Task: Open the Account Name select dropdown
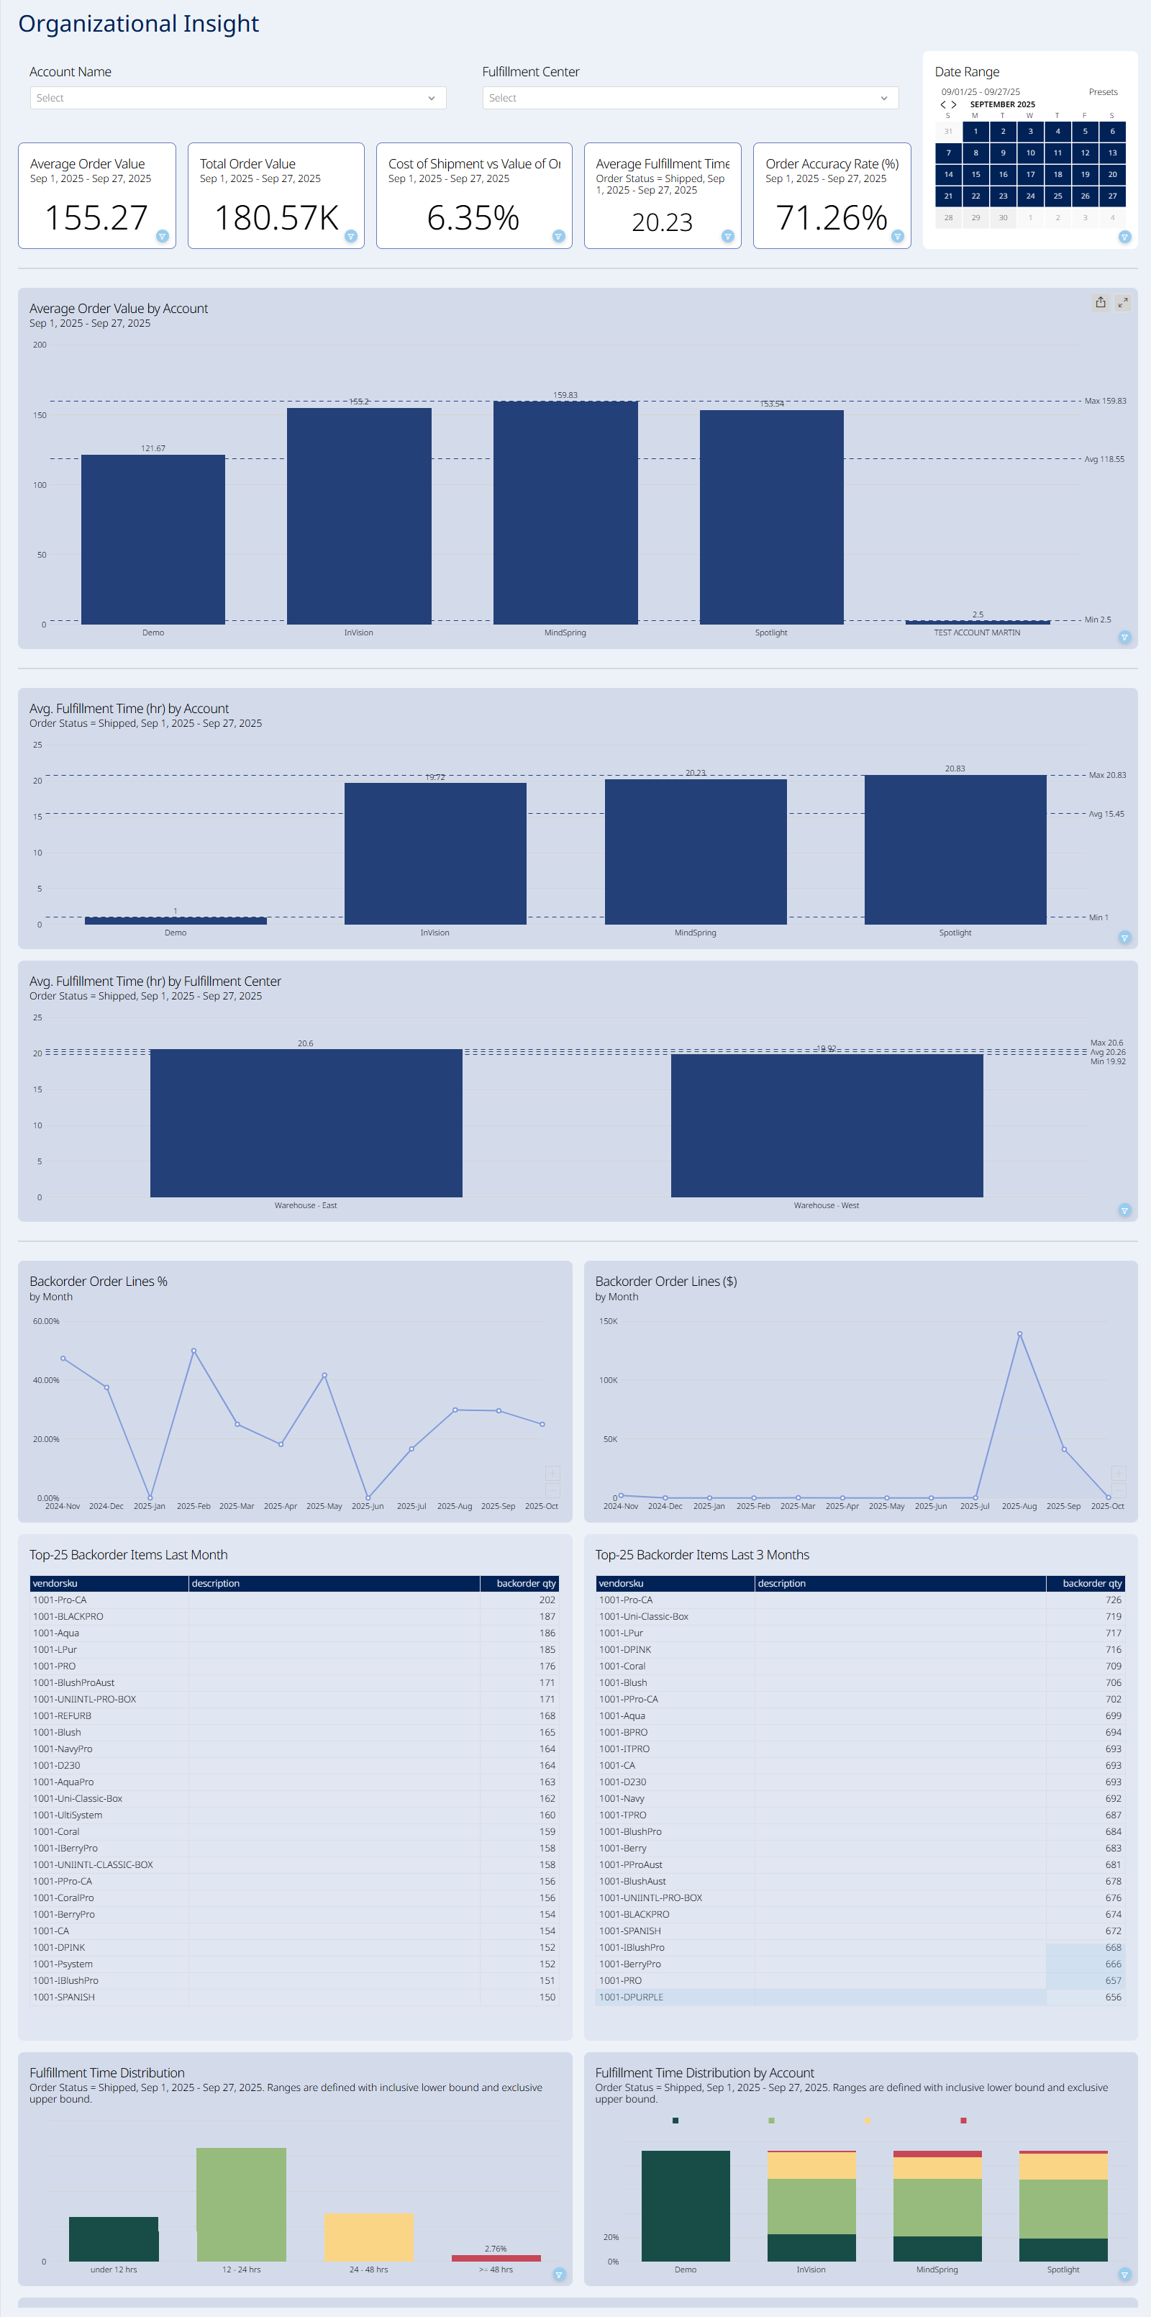point(237,98)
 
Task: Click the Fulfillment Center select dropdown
point(690,98)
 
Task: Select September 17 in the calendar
point(1030,174)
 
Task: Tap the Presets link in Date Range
point(1102,92)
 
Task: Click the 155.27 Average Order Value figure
point(96,217)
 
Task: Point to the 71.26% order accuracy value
point(831,217)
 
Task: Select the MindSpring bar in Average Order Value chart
point(565,512)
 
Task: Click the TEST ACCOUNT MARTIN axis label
point(977,633)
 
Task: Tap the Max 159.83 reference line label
point(1104,402)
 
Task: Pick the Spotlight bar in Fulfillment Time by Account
point(955,850)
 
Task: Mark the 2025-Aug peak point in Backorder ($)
point(1019,1334)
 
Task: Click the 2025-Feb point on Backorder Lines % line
point(194,1351)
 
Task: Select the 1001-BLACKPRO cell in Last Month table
point(68,1616)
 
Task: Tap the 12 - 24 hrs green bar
point(241,2203)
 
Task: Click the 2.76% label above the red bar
point(496,2249)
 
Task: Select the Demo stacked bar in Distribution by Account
point(685,2205)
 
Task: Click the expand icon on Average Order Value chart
point(1122,303)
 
